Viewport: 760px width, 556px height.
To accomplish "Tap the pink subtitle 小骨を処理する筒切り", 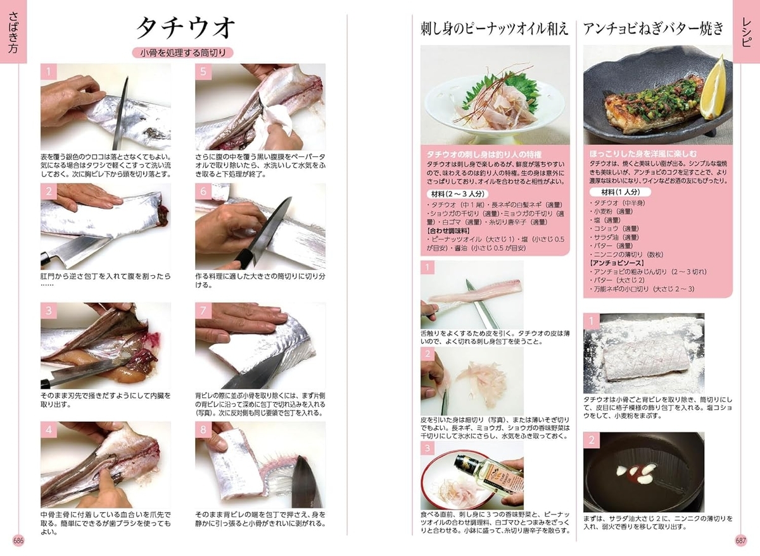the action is coord(183,53).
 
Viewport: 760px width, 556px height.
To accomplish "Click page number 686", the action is coord(18,540).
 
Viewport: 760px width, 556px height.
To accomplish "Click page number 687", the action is coord(741,540).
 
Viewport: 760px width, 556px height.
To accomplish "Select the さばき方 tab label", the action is coord(13,32).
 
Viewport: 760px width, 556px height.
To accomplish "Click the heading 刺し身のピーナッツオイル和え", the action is coord(495,30).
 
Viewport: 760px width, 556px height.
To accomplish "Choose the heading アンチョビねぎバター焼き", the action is coord(653,29).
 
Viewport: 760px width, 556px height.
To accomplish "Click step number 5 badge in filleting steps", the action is coord(203,71).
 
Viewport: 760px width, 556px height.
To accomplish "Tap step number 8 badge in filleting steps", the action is coord(203,429).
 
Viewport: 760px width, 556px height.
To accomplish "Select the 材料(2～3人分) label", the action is coord(457,194).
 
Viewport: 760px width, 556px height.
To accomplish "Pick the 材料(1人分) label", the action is coord(620,192).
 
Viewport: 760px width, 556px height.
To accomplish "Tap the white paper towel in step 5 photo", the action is coord(277,120).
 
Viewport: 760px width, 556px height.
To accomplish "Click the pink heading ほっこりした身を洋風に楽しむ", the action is coord(643,154).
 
